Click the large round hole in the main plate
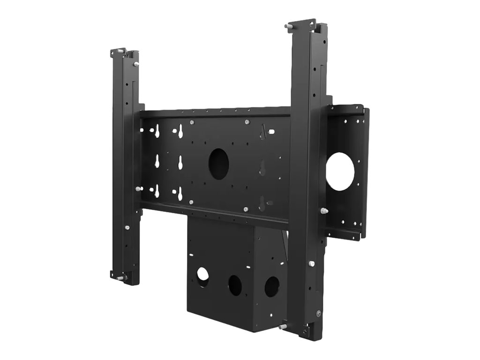coord(218,164)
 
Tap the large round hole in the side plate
coord(340,171)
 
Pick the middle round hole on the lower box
coord(235,285)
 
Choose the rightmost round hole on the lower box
coord(272,286)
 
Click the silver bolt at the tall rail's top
coord(288,26)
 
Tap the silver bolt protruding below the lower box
coord(283,327)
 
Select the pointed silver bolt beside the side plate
coord(324,211)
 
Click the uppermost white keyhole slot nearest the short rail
coord(157,132)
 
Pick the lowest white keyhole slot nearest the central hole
coord(180,194)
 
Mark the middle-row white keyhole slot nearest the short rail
coord(157,161)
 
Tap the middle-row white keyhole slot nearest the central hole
coord(180,163)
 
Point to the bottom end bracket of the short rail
coord(118,276)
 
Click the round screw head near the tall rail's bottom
coord(319,313)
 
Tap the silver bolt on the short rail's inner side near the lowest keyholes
coord(138,188)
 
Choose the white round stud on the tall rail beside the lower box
coord(311,263)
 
